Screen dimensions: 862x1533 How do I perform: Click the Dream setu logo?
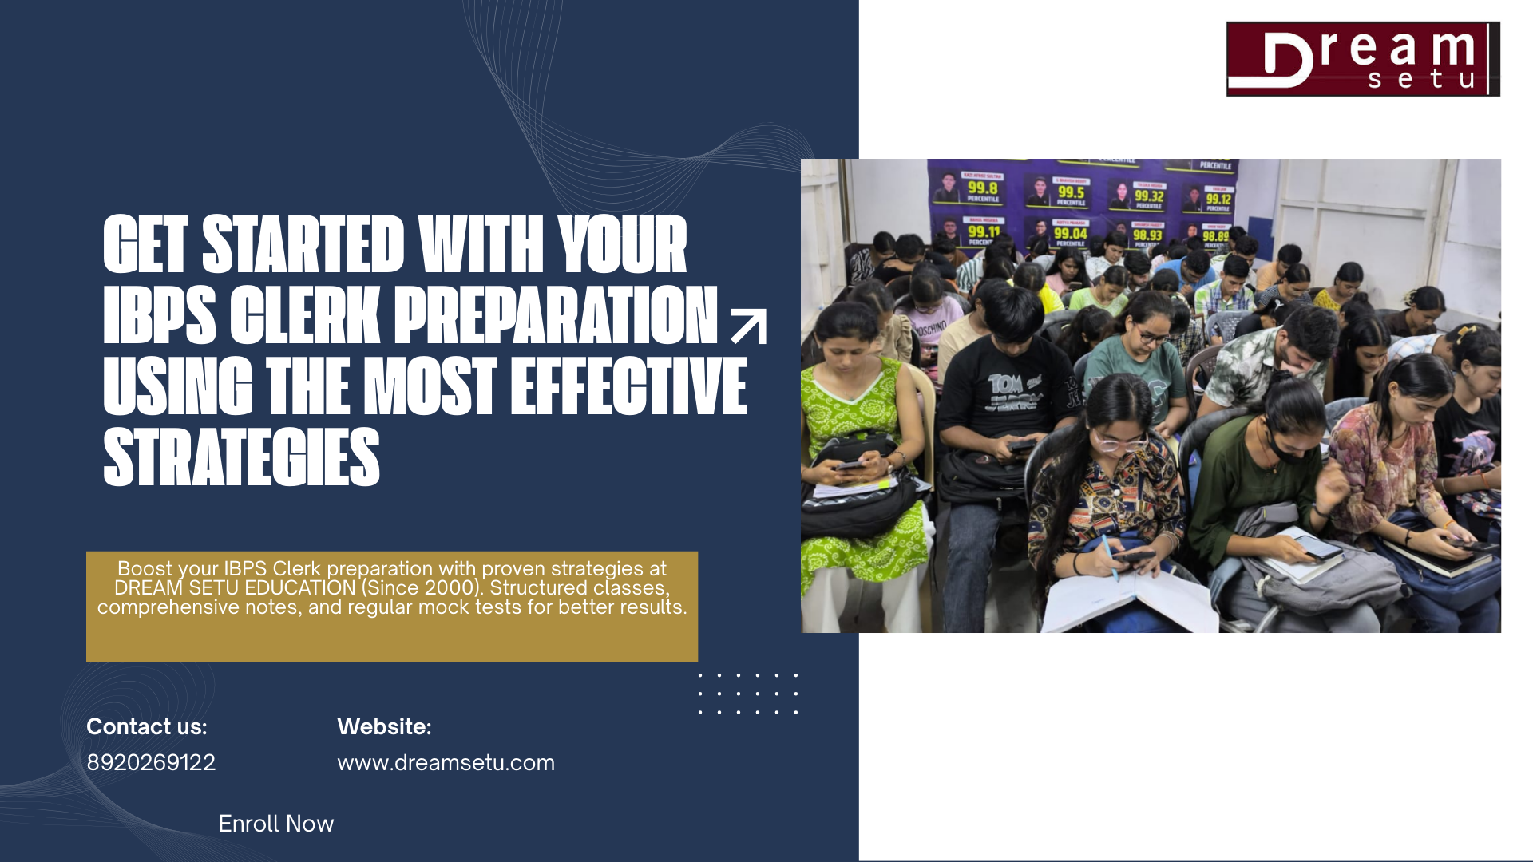1363,59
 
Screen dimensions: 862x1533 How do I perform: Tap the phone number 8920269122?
151,762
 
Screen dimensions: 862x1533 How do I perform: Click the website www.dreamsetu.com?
446,762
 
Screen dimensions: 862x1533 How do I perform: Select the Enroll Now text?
276,824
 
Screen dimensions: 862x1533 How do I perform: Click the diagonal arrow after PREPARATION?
749,326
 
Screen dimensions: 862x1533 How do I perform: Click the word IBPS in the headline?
159,316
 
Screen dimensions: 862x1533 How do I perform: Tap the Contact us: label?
147,726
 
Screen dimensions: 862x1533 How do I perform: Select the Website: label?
384,726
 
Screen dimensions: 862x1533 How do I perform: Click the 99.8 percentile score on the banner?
982,188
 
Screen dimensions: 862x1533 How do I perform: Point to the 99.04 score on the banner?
1070,234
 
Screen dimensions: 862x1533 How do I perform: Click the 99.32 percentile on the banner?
1148,196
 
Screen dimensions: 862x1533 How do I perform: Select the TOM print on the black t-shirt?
1006,385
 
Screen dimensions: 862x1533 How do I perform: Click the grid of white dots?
748,693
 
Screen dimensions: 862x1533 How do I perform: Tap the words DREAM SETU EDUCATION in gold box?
235,588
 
